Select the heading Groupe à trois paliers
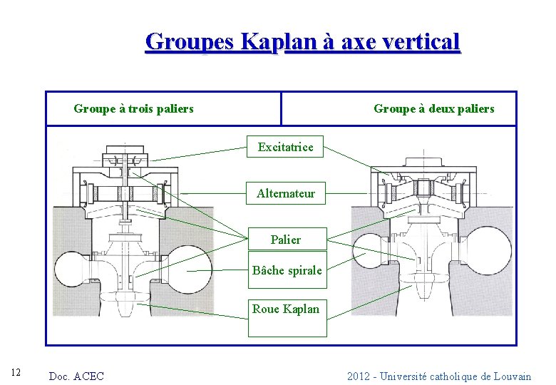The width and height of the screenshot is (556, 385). [133, 109]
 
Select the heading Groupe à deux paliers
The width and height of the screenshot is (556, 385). [433, 109]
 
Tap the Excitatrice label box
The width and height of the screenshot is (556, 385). [285, 147]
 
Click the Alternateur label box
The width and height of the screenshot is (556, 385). [285, 193]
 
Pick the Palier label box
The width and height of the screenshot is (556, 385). [285, 240]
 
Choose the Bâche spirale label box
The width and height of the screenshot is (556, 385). [287, 270]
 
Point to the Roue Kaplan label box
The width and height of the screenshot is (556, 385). [286, 309]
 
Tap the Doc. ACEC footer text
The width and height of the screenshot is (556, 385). [76, 376]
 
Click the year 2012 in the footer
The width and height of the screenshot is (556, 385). [359, 376]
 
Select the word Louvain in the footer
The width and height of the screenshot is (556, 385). [510, 376]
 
